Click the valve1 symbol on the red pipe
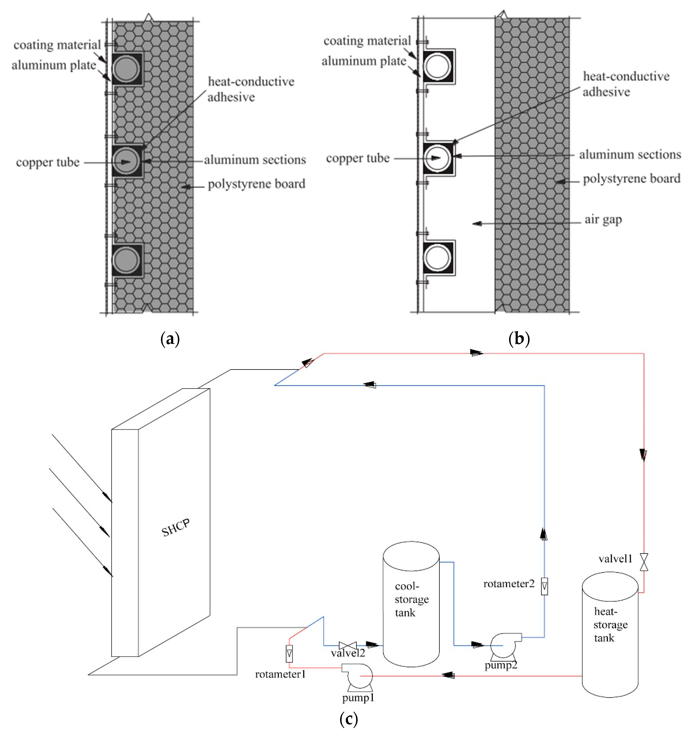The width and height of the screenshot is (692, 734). pos(644,562)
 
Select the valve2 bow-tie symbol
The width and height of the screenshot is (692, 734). pos(347,645)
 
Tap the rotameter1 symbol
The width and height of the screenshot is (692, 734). pos(289,654)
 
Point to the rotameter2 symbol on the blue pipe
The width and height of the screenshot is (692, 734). pos(544,586)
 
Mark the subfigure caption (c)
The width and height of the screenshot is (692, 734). pos(348,718)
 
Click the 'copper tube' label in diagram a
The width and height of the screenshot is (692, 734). pos(48,162)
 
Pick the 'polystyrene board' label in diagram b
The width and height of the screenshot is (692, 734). pos(631,179)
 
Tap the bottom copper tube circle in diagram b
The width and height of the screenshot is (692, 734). pos(438,257)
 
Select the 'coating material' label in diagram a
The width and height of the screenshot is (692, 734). pos(57,45)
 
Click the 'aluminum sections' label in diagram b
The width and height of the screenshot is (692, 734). pos(630,154)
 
